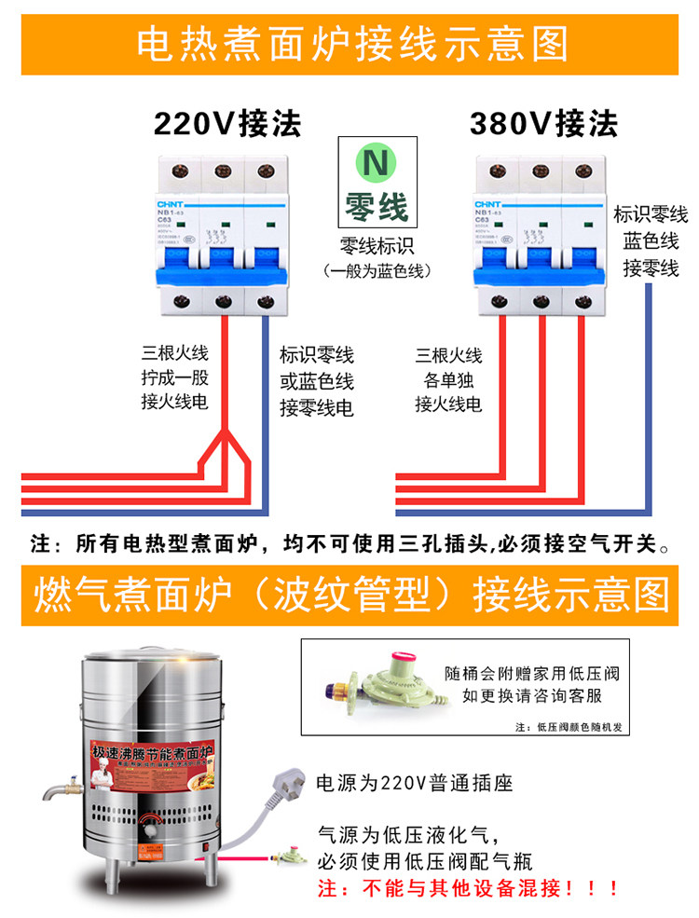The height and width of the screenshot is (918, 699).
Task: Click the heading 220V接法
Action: [x=226, y=123]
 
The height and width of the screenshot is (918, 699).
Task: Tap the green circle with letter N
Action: [x=377, y=162]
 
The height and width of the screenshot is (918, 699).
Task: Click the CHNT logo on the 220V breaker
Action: [x=168, y=202]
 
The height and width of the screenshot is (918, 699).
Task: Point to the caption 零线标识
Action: [x=377, y=247]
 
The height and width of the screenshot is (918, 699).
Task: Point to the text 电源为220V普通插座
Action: [x=416, y=782]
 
